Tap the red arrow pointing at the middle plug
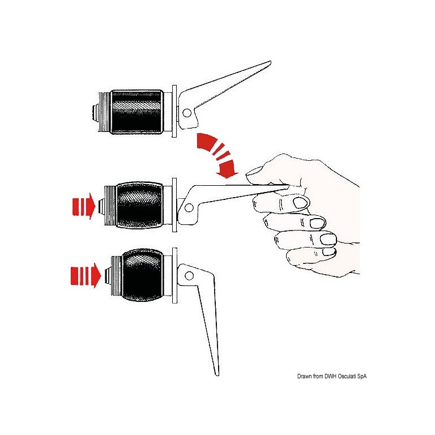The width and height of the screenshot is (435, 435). tap(84, 206)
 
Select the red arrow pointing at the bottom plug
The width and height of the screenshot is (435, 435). tap(86, 275)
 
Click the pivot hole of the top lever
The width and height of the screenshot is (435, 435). tap(187, 113)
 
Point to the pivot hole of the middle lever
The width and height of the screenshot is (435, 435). tap(189, 207)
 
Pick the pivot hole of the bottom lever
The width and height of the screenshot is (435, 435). tap(189, 276)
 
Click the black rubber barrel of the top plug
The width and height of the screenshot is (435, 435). tap(137, 112)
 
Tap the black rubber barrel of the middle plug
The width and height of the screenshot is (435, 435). tap(139, 205)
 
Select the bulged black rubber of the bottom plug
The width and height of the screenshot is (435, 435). tap(143, 275)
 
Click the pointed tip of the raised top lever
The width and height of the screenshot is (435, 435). tap(270, 62)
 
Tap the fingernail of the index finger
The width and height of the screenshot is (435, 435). tap(301, 203)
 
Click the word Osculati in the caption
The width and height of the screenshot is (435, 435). tap(347, 376)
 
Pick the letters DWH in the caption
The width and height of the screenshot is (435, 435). tap(330, 376)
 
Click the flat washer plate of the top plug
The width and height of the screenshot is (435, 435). tap(174, 111)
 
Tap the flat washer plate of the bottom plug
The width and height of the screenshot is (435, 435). tap(174, 275)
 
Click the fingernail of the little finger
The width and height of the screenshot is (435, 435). tap(329, 251)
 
